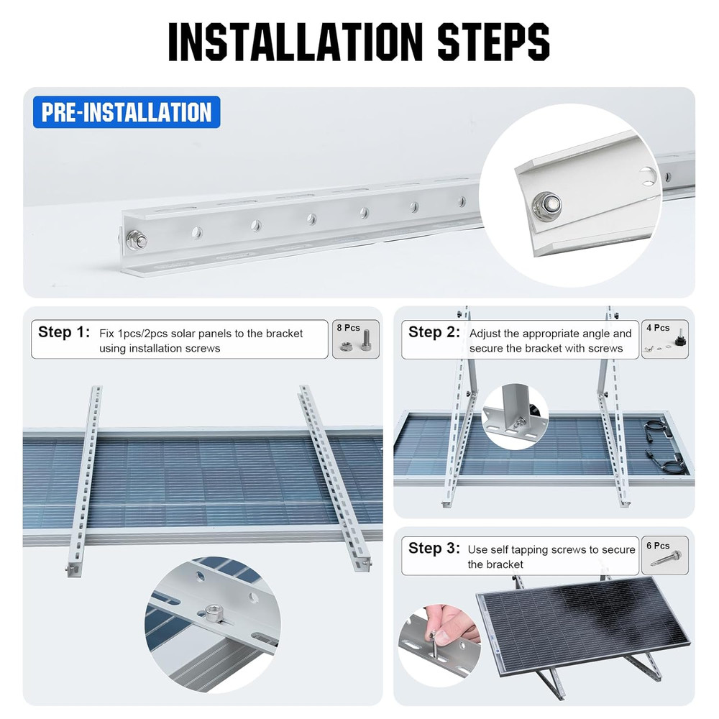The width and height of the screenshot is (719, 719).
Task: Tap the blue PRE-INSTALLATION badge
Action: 127,112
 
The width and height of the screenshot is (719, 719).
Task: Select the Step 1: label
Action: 64,332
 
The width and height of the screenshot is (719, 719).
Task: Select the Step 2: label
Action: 434,332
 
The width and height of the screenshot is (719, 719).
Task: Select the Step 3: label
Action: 434,549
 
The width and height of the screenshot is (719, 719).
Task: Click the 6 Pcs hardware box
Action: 664,555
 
